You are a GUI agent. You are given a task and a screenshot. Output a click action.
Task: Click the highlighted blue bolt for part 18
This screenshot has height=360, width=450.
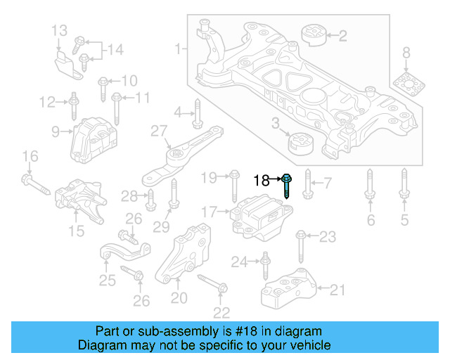[288, 186]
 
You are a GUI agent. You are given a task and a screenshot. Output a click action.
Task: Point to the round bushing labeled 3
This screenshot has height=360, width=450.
[300, 143]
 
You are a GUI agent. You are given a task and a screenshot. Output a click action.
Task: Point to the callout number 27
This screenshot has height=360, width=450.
[158, 131]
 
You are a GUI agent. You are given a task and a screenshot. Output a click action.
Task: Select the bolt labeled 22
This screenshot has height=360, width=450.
[211, 283]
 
